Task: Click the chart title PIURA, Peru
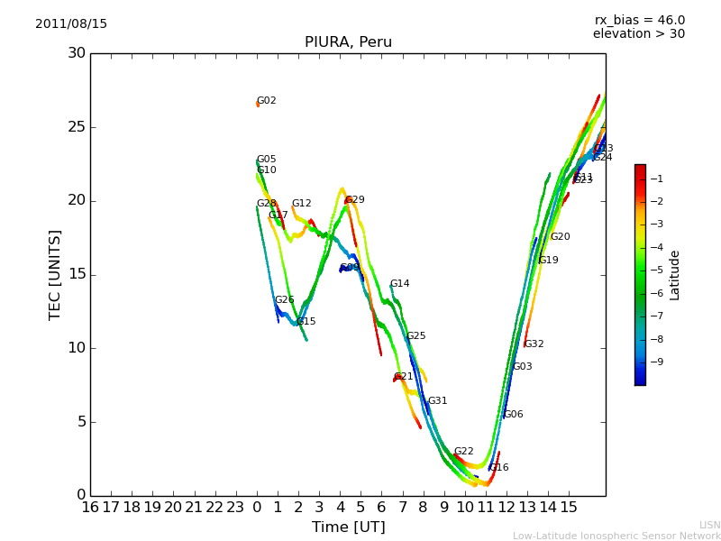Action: click(x=348, y=42)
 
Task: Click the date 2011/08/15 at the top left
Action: click(x=71, y=24)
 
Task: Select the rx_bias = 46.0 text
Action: click(x=640, y=21)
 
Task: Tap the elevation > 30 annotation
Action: click(x=639, y=34)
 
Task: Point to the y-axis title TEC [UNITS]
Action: click(x=56, y=274)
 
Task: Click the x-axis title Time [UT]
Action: click(x=348, y=527)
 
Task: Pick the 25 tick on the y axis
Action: click(x=76, y=127)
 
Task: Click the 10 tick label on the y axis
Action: click(x=76, y=348)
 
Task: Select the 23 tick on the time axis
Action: click(x=235, y=508)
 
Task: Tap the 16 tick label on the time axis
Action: click(x=90, y=508)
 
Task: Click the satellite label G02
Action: click(x=267, y=101)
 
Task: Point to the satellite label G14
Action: click(x=399, y=284)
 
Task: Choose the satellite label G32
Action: click(x=534, y=344)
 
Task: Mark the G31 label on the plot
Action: click(x=437, y=401)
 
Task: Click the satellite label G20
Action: click(x=560, y=237)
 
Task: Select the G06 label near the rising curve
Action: click(x=513, y=415)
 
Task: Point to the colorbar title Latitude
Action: click(x=675, y=275)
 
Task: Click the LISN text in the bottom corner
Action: click(x=709, y=525)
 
